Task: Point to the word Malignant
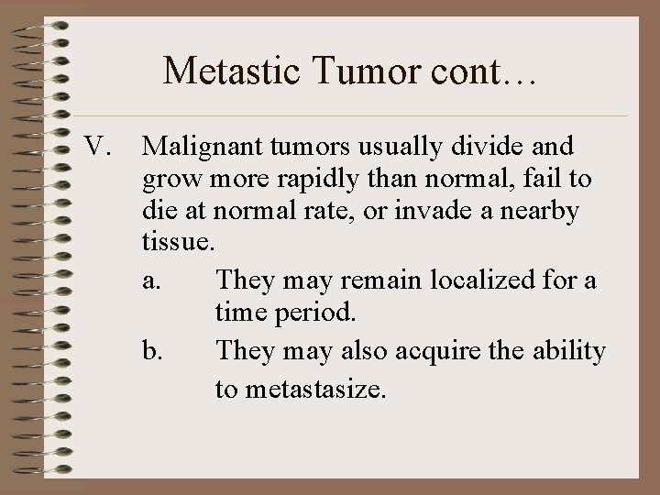click(194, 146)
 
